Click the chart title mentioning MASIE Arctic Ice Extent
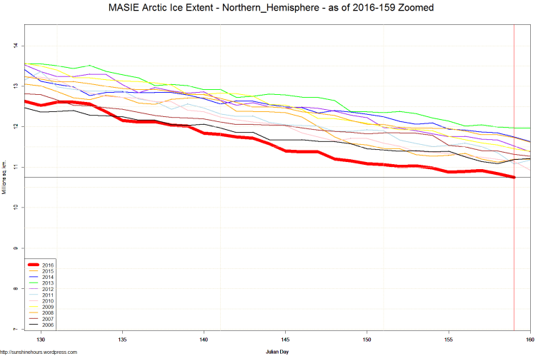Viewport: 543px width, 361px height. pyautogui.click(x=271, y=7)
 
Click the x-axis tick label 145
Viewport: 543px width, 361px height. pyautogui.click(x=286, y=340)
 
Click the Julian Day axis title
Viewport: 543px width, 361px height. pyautogui.click(x=277, y=352)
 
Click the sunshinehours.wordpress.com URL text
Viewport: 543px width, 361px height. pyautogui.click(x=39, y=352)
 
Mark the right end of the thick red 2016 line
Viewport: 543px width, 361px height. pyautogui.click(x=514, y=177)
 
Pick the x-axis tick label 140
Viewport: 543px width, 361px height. pyautogui.click(x=204, y=340)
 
